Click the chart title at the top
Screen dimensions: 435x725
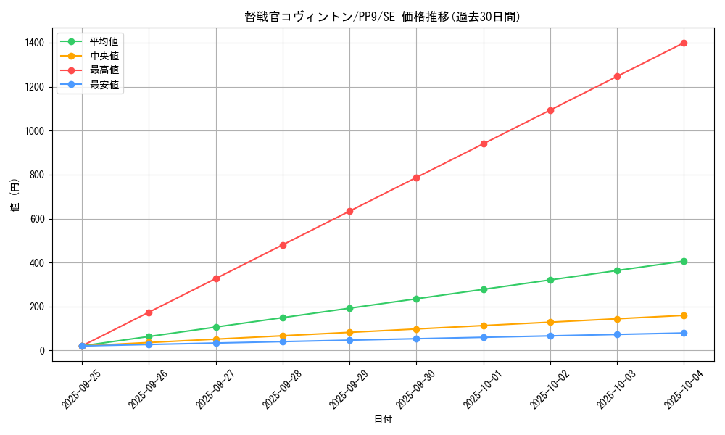[382, 17]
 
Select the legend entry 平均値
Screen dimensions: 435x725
[104, 41]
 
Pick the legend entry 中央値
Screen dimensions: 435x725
[104, 56]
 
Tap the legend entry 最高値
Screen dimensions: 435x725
[104, 70]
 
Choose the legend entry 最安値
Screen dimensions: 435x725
[104, 86]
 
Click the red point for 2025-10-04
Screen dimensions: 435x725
[684, 43]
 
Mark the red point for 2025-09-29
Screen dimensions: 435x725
[349, 211]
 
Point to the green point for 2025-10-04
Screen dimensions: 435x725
[684, 261]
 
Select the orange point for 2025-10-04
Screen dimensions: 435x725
[684, 315]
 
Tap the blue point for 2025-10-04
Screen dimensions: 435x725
[684, 333]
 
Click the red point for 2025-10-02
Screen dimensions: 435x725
[550, 110]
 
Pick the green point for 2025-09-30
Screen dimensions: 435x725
[416, 299]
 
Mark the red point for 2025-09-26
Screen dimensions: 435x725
[149, 312]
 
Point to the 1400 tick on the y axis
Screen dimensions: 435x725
[33, 43]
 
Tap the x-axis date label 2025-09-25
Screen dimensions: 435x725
[78, 388]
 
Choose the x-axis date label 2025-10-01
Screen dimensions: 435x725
[478, 388]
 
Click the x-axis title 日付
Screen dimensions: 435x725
[382, 420]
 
